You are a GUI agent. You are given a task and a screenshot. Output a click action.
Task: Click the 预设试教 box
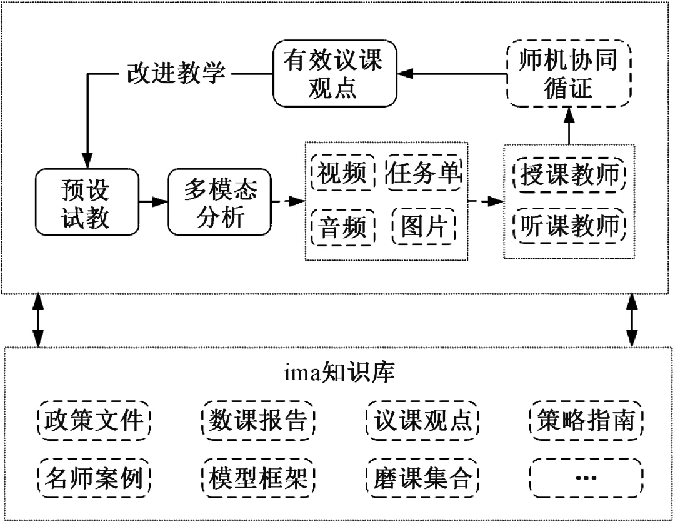pyautogui.click(x=87, y=202)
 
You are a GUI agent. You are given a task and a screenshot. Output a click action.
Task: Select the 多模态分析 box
pyautogui.click(x=219, y=202)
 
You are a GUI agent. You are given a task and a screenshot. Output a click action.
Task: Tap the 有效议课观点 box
pyautogui.click(x=335, y=74)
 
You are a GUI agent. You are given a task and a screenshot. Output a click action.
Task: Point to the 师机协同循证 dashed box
pyautogui.click(x=569, y=74)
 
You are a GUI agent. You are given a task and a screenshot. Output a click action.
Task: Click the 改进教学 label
pyautogui.click(x=176, y=73)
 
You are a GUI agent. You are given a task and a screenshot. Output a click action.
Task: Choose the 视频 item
pyautogui.click(x=342, y=173)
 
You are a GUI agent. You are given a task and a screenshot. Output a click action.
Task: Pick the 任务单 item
pyautogui.click(x=424, y=173)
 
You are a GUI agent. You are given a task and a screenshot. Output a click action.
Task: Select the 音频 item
pyautogui.click(x=342, y=228)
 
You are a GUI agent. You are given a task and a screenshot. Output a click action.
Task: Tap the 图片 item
pyautogui.click(x=424, y=227)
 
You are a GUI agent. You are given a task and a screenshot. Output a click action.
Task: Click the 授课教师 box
pyautogui.click(x=569, y=174)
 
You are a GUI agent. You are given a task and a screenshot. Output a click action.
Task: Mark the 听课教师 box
pyautogui.click(x=569, y=225)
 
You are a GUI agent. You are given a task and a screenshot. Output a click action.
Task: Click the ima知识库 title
pyautogui.click(x=339, y=373)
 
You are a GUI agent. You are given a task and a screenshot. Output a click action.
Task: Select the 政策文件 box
pyautogui.click(x=94, y=420)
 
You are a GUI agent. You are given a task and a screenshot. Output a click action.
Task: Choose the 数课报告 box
pyautogui.click(x=258, y=420)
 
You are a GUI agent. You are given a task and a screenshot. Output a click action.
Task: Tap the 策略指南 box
pyautogui.click(x=586, y=420)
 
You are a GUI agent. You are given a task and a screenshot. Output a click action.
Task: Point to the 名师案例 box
pyautogui.click(x=94, y=478)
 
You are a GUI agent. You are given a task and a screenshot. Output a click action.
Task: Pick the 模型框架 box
pyautogui.click(x=258, y=478)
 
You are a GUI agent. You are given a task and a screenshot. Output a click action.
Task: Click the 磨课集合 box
pyautogui.click(x=422, y=478)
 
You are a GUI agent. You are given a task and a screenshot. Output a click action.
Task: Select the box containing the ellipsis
pyautogui.click(x=586, y=478)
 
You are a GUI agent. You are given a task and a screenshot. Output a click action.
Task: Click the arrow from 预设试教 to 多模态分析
pyautogui.click(x=153, y=201)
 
